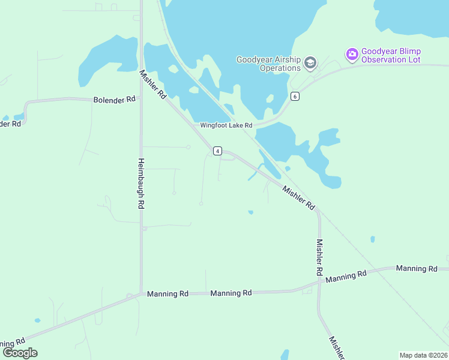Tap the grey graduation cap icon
[x=310, y=62]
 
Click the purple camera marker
[x=352, y=55]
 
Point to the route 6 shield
[x=294, y=96]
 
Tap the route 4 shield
[x=217, y=151]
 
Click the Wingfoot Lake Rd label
[x=227, y=125]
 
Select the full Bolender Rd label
[x=114, y=100]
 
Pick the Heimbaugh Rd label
[x=141, y=183]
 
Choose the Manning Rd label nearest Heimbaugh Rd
[x=167, y=293]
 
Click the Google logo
[x=20, y=353]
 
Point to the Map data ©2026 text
[x=423, y=355]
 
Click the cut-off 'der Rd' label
[x=10, y=124]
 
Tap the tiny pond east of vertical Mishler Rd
[x=373, y=239]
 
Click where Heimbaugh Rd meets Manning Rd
[x=141, y=293]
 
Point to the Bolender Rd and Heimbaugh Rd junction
[x=141, y=97]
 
